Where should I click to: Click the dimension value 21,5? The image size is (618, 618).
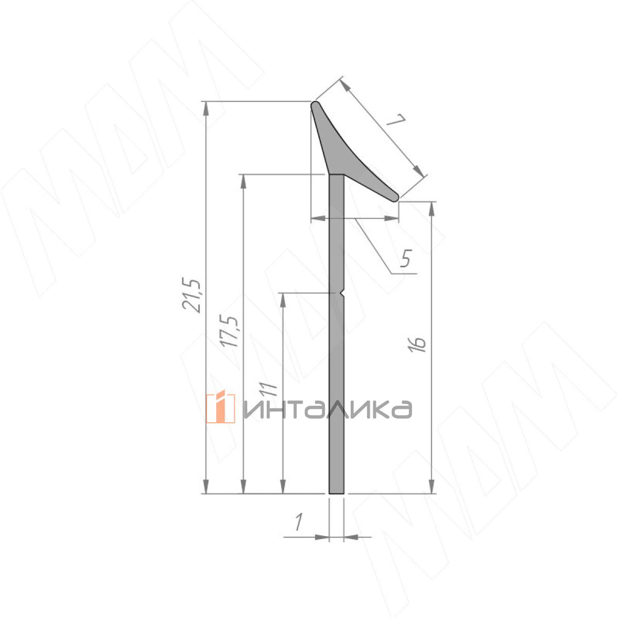pyautogui.click(x=192, y=296)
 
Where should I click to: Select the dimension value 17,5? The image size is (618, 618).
pyautogui.click(x=229, y=332)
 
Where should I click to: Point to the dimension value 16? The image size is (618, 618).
pyautogui.click(x=417, y=345)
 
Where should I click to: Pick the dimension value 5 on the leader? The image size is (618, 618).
pyautogui.click(x=406, y=258)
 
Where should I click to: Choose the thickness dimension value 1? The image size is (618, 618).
pyautogui.click(x=299, y=522)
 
